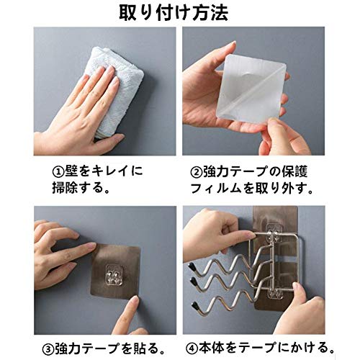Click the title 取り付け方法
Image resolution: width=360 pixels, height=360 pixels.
tap(174, 12)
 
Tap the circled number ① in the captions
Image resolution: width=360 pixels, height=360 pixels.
tap(58, 172)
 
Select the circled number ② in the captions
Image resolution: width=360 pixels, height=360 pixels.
tap(197, 172)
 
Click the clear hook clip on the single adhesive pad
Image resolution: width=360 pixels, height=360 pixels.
tap(114, 276)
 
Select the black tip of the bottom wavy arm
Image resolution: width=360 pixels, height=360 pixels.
tap(195, 305)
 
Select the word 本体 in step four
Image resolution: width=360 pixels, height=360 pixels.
tap(211, 348)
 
